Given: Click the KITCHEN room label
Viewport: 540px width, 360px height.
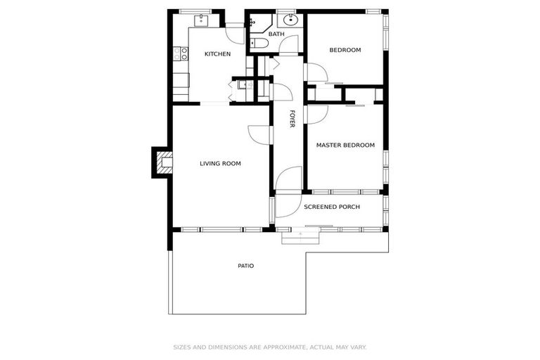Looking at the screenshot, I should (x=217, y=54).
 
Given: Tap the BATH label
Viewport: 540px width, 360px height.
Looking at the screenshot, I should (x=276, y=34).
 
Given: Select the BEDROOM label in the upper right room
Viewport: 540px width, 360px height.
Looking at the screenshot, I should (x=345, y=50).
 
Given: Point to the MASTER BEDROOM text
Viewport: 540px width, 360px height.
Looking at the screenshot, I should (x=345, y=146).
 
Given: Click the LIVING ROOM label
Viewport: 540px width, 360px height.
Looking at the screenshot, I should (x=220, y=164).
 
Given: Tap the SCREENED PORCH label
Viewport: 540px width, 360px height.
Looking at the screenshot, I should (x=332, y=207).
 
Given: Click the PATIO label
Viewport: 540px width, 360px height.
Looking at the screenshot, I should (x=245, y=266).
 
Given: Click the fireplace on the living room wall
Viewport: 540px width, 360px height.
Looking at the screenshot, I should (x=163, y=163).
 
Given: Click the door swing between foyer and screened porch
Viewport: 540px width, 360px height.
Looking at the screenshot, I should (x=288, y=179).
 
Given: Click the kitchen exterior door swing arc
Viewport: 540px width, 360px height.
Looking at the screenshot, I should (x=236, y=34).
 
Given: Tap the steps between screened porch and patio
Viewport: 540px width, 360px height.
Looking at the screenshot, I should (x=301, y=236).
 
